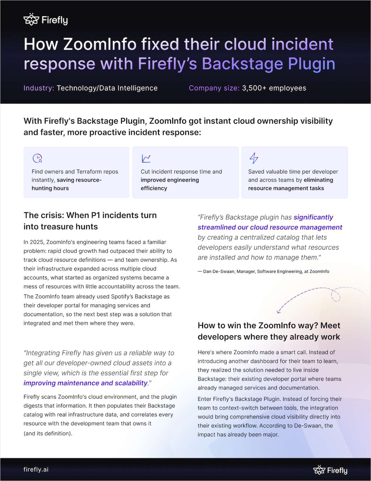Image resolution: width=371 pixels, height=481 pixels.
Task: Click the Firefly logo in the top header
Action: tap(45, 20)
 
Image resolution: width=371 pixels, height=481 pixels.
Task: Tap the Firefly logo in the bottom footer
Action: tap(330, 470)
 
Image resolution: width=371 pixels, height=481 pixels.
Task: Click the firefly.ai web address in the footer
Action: tap(36, 469)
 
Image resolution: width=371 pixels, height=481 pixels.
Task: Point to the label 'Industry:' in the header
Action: tap(39, 88)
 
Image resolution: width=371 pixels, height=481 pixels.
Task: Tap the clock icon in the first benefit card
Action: tap(37, 158)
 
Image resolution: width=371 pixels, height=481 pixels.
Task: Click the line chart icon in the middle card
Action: tap(146, 158)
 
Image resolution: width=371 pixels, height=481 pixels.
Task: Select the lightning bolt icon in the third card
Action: tap(254, 158)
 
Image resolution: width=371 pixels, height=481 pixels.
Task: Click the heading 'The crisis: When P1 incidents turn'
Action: tap(90, 215)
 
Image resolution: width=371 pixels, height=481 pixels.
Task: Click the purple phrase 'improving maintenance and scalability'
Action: tap(85, 383)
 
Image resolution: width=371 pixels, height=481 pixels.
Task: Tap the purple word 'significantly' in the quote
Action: tap(313, 217)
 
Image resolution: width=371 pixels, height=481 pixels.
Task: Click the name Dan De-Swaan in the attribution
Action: tap(219, 271)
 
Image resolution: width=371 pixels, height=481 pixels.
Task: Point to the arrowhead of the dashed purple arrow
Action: tap(279, 311)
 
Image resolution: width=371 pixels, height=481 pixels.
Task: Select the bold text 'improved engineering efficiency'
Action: tap(169, 184)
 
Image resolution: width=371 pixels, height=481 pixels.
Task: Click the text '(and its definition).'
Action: tap(48, 433)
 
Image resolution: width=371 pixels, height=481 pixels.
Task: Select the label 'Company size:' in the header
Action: tap(214, 88)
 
